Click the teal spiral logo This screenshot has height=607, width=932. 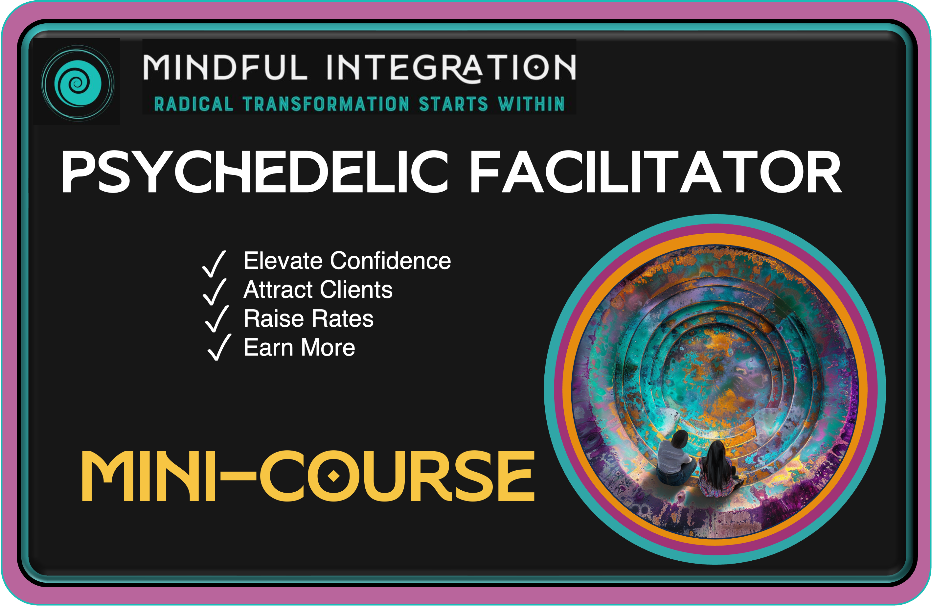pyautogui.click(x=78, y=83)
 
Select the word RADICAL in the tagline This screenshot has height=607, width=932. pyautogui.click(x=193, y=104)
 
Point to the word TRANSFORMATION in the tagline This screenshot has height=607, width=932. pyautogui.click(x=326, y=104)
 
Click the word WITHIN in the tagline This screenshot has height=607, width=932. pyautogui.click(x=531, y=104)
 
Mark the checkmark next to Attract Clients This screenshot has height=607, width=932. pyautogui.click(x=215, y=292)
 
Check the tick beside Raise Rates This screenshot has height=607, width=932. pyautogui.click(x=217, y=319)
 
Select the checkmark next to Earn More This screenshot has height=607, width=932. pyautogui.click(x=219, y=347)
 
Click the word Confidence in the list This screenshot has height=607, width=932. pyautogui.click(x=390, y=261)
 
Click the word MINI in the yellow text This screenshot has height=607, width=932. pyautogui.click(x=149, y=476)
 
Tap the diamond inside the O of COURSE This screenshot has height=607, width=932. pyautogui.click(x=333, y=476)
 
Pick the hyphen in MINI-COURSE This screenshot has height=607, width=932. pyautogui.click(x=238, y=477)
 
